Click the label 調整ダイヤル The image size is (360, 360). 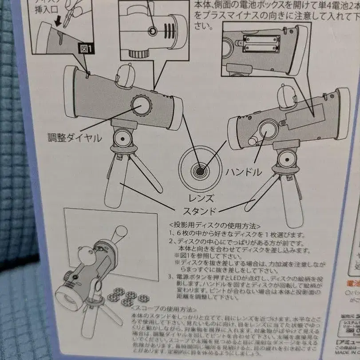tap(75, 138)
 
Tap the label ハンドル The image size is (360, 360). tap(244, 172)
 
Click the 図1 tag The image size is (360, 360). tap(87, 50)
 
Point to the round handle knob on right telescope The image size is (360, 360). tap(269, 133)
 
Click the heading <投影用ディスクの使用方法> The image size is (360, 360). tap(215, 225)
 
